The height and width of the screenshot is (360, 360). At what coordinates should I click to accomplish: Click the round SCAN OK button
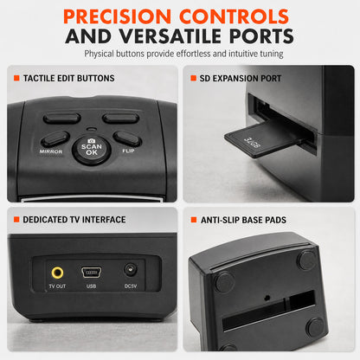point(92,150)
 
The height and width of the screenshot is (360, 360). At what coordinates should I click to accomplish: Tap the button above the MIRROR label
point(55,138)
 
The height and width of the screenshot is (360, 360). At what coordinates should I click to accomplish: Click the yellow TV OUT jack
point(57,273)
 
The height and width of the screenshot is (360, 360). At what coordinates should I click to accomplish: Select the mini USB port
point(92,272)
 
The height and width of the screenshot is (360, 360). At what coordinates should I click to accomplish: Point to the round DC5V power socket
point(131,271)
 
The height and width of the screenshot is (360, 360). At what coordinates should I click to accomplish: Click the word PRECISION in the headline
point(118,16)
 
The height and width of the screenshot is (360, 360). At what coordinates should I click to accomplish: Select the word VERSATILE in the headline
point(170,36)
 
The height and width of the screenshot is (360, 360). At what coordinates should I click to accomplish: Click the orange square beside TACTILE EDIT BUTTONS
point(16,78)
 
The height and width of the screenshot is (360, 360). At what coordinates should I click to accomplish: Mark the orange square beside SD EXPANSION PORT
point(193,78)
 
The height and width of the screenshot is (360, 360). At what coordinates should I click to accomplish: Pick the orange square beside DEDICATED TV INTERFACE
point(16,220)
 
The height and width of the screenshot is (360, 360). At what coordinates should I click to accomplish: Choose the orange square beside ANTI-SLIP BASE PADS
point(194,220)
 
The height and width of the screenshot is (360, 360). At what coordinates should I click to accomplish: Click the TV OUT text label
point(57,286)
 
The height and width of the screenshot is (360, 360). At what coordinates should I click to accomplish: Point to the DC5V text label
point(131,286)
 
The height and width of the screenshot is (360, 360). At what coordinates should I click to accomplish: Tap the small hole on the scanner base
point(267,298)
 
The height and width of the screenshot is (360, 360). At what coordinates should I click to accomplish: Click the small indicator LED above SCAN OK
point(92,129)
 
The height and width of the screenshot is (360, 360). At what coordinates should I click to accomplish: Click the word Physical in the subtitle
point(99,54)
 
